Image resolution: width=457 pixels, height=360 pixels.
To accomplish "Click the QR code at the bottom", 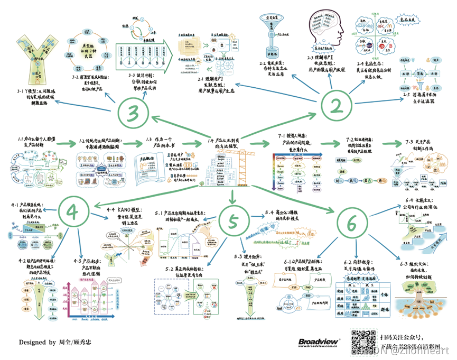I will pos(362,340).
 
